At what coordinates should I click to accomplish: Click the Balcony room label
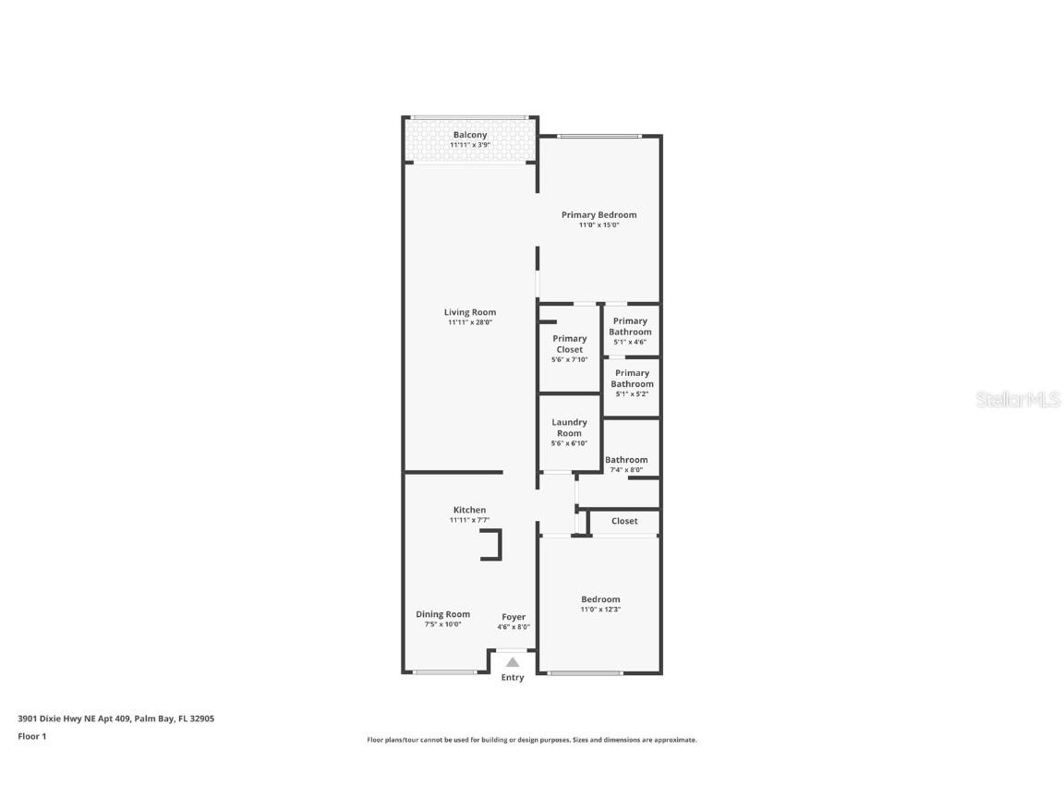(469, 135)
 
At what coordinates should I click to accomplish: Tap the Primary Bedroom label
(598, 215)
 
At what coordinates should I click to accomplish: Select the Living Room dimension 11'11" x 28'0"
(469, 323)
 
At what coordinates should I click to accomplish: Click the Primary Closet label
(569, 344)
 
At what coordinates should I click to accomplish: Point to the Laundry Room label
(569, 428)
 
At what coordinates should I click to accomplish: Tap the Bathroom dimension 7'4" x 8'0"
(626, 470)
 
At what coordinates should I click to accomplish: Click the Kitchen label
(469, 510)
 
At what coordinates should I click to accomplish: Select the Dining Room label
(442, 614)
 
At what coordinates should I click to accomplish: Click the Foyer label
(514, 617)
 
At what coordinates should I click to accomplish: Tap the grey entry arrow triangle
(513, 661)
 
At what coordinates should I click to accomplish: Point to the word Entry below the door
(513, 678)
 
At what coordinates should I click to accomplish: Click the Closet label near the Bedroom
(624, 521)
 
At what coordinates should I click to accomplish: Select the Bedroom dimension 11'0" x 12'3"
(600, 610)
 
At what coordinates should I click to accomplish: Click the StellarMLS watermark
(1020, 399)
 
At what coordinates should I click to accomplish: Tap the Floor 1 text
(32, 736)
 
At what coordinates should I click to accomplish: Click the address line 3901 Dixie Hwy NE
(115, 718)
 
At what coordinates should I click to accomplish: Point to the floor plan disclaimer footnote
(532, 740)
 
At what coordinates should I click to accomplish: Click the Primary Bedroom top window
(599, 137)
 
